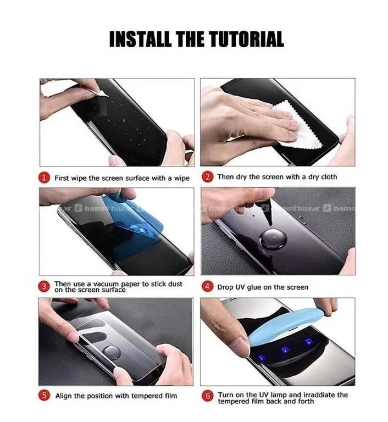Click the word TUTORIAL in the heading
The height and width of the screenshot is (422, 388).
246,39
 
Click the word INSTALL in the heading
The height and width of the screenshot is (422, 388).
140,39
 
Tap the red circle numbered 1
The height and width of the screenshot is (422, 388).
44,178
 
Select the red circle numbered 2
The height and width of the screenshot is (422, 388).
208,177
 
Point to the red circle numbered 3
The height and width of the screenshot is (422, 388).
44,287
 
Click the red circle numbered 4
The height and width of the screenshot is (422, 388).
207,287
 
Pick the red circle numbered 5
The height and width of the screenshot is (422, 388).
44,396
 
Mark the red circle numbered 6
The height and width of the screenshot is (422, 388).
208,396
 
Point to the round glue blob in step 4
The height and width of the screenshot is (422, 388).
273,239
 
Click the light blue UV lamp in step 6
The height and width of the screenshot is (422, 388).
285,325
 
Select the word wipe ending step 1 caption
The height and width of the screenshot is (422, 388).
182,179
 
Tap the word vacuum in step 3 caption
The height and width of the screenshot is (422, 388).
106,284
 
